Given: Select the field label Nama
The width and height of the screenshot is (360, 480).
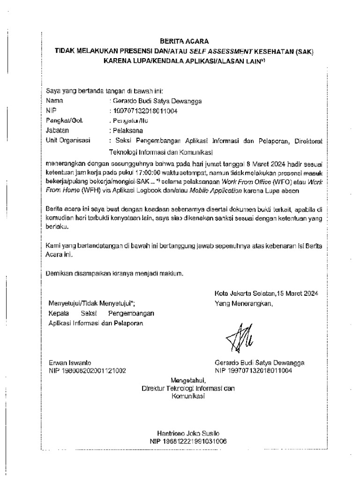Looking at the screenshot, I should (x=54, y=100).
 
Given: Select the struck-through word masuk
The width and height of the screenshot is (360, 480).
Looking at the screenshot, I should (x=311, y=173).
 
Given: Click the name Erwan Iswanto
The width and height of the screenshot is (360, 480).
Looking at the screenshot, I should (x=67, y=363).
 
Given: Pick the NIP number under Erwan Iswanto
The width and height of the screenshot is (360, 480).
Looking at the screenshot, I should (x=87, y=371).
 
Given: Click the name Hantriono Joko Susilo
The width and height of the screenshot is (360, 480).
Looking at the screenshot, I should (x=187, y=434).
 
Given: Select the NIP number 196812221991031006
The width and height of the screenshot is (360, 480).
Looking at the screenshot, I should (x=188, y=442).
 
